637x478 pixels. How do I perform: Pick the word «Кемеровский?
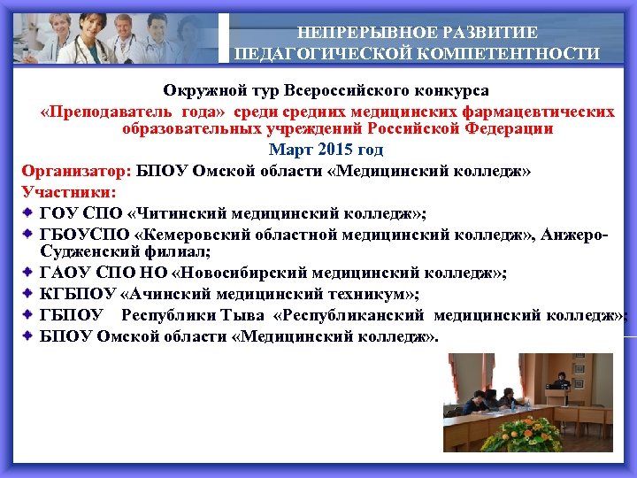pyautogui.click(x=192, y=233)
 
